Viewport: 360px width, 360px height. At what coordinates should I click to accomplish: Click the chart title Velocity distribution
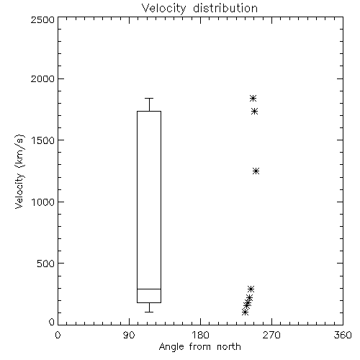pyautogui.click(x=199, y=9)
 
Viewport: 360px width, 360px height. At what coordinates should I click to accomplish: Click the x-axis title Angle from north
pyautogui.click(x=200, y=347)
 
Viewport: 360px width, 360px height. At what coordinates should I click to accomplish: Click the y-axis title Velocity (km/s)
pyautogui.click(x=19, y=171)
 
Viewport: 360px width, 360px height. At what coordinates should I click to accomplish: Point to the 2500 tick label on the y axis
pyautogui.click(x=42, y=19)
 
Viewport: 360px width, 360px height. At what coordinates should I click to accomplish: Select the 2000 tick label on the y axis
pyautogui.click(x=42, y=78)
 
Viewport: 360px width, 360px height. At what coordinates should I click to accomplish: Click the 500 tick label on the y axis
pyautogui.click(x=46, y=264)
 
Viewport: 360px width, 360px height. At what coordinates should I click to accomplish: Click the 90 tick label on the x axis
pyautogui.click(x=129, y=335)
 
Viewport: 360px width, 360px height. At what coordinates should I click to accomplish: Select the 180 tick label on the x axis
pyautogui.click(x=200, y=335)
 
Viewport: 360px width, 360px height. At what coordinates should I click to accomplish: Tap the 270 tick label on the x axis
pyautogui.click(x=271, y=335)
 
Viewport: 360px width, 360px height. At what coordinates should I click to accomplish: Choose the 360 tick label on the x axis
pyautogui.click(x=343, y=335)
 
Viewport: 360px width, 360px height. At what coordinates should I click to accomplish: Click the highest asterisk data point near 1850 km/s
pyautogui.click(x=253, y=98)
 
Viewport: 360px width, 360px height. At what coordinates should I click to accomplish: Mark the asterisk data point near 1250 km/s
pyautogui.click(x=256, y=171)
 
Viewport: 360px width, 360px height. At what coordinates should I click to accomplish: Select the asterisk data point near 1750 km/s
pyautogui.click(x=254, y=111)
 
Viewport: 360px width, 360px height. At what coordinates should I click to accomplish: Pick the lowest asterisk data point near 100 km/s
pyautogui.click(x=245, y=312)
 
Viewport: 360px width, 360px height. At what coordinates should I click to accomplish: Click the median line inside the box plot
pyautogui.click(x=149, y=289)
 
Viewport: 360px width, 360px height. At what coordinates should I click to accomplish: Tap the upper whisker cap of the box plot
pyautogui.click(x=149, y=98)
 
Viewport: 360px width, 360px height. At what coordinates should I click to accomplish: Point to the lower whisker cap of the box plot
pyautogui.click(x=149, y=312)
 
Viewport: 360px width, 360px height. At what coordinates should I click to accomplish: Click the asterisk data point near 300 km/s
pyautogui.click(x=251, y=289)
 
